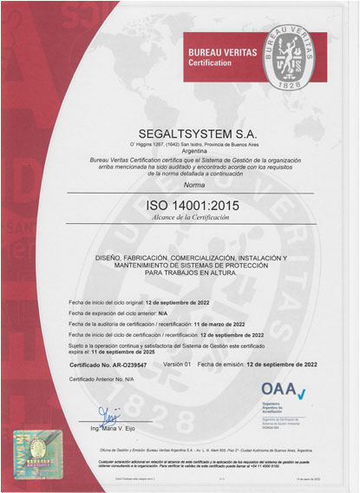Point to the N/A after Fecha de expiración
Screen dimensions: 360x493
pyautogui.click(x=165, y=312)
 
